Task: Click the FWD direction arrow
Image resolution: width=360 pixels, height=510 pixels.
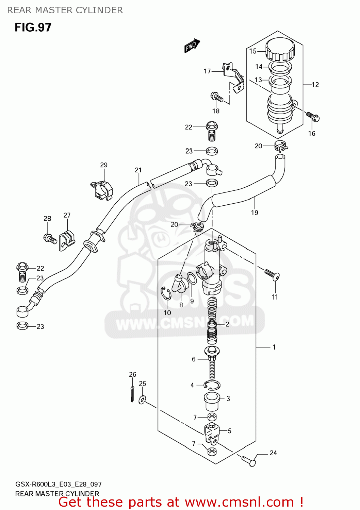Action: pyautogui.click(x=192, y=45)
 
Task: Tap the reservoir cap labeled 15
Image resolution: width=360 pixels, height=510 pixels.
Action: pyautogui.click(x=280, y=50)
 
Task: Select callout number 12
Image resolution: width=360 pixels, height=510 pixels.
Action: pyautogui.click(x=315, y=85)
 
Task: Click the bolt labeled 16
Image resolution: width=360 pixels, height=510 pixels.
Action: pyautogui.click(x=313, y=116)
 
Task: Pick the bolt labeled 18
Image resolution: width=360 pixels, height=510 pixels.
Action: pyautogui.click(x=216, y=97)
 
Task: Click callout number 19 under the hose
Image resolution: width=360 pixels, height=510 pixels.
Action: pyautogui.click(x=255, y=213)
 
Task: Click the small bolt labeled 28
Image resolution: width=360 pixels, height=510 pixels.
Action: pyautogui.click(x=50, y=239)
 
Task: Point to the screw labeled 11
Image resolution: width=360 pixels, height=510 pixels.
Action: pyautogui.click(x=272, y=274)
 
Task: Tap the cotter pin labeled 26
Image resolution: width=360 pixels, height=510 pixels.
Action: pyautogui.click(x=132, y=394)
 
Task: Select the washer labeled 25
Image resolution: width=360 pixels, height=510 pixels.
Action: pyautogui.click(x=142, y=399)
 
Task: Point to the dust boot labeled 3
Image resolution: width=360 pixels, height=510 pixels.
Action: pyautogui.click(x=211, y=401)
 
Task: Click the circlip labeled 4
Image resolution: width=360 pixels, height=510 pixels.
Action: pyautogui.click(x=212, y=385)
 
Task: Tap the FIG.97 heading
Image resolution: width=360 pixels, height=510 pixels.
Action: pyautogui.click(x=33, y=27)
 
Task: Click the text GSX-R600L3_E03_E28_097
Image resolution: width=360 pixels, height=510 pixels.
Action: pyautogui.click(x=58, y=484)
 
